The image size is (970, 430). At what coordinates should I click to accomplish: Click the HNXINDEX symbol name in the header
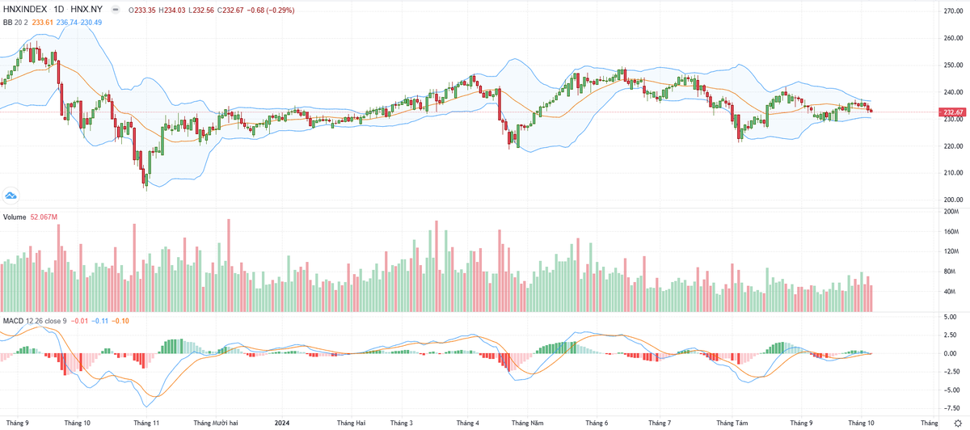pyautogui.click(x=23, y=10)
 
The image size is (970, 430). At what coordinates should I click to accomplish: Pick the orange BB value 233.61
pyautogui.click(x=41, y=22)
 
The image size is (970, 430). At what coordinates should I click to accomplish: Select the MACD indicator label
pyautogui.click(x=14, y=321)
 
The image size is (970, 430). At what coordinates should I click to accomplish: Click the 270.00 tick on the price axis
pyautogui.click(x=952, y=11)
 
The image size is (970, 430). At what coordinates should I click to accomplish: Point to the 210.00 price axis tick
pyautogui.click(x=952, y=173)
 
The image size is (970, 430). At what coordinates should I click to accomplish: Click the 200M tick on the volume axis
pyautogui.click(x=951, y=212)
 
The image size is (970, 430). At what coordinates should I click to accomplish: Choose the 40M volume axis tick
pyautogui.click(x=951, y=291)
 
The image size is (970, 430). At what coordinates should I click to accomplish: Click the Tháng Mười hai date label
pyautogui.click(x=215, y=423)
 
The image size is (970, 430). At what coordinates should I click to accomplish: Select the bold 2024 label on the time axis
pyautogui.click(x=282, y=423)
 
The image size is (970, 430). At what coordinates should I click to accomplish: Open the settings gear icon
pyautogui.click(x=958, y=423)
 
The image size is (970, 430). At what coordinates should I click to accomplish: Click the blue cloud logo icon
pyautogui.click(x=11, y=195)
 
